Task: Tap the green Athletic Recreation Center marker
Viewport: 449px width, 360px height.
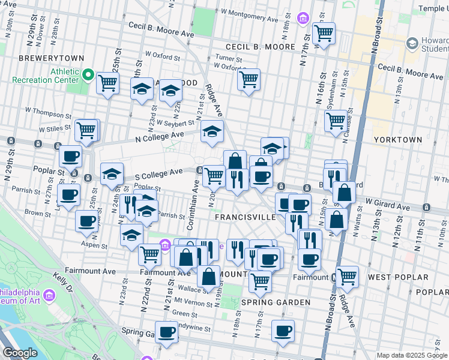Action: pos(87,76)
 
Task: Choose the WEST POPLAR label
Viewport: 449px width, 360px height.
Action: pos(398,277)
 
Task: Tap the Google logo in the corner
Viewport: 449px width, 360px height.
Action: pos(20,353)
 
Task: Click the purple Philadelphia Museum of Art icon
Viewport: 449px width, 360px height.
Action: pos(49,295)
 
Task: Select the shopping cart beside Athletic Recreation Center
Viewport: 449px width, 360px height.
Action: pos(108,83)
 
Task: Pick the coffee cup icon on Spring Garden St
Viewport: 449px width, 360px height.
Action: pos(166,331)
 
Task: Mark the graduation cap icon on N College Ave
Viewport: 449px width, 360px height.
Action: pos(212,131)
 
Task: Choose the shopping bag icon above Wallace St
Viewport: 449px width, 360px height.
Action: pos(208,277)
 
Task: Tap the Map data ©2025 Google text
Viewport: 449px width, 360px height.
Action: pos(411,355)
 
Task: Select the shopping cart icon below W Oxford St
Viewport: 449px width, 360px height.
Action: pos(248,79)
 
